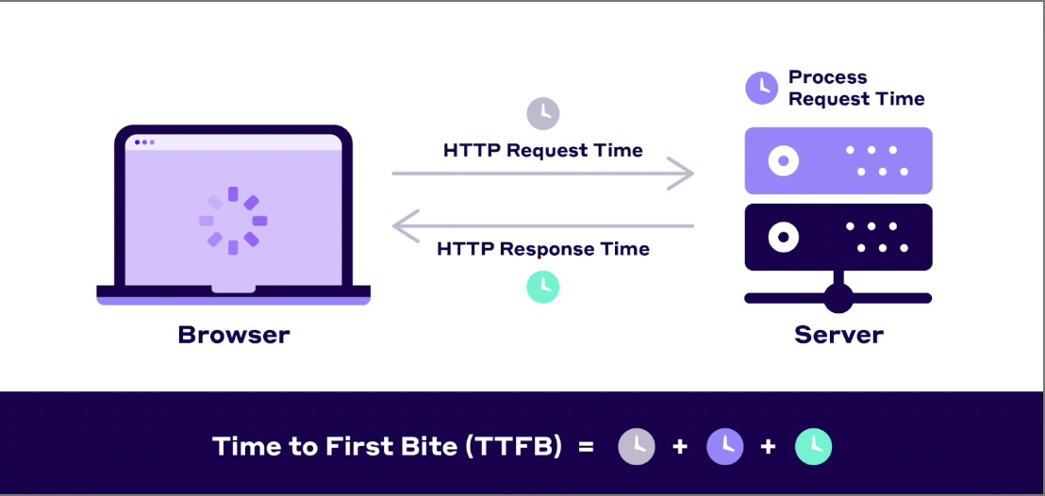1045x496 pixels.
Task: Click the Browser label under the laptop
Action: pyautogui.click(x=234, y=334)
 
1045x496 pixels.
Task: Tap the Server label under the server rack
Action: pyautogui.click(x=838, y=334)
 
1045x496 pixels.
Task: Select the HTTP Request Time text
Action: pyautogui.click(x=542, y=150)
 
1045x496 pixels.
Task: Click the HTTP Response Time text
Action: pyautogui.click(x=543, y=249)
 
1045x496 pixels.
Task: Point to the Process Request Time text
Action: pyautogui.click(x=855, y=88)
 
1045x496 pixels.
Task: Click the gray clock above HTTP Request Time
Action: pyautogui.click(x=542, y=113)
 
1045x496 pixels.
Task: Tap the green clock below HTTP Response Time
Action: pyautogui.click(x=542, y=287)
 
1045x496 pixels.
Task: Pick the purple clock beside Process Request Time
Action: pyautogui.click(x=762, y=88)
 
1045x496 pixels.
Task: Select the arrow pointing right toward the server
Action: pyautogui.click(x=542, y=174)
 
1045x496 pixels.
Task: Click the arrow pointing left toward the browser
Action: pyautogui.click(x=542, y=226)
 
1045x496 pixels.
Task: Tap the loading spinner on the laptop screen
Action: pyautogui.click(x=233, y=221)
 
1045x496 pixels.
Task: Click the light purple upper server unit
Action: pyautogui.click(x=838, y=160)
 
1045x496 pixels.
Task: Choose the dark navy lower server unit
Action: pyautogui.click(x=838, y=237)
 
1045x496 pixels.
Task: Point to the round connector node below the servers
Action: pyautogui.click(x=838, y=298)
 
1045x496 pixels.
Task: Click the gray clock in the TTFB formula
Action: pyautogui.click(x=636, y=446)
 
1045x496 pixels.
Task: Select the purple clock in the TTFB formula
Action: pyautogui.click(x=724, y=446)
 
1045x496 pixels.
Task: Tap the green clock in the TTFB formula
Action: pyautogui.click(x=813, y=446)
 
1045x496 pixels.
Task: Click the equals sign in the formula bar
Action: pyautogui.click(x=586, y=446)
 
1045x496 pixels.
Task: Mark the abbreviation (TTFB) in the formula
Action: pyautogui.click(x=513, y=446)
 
